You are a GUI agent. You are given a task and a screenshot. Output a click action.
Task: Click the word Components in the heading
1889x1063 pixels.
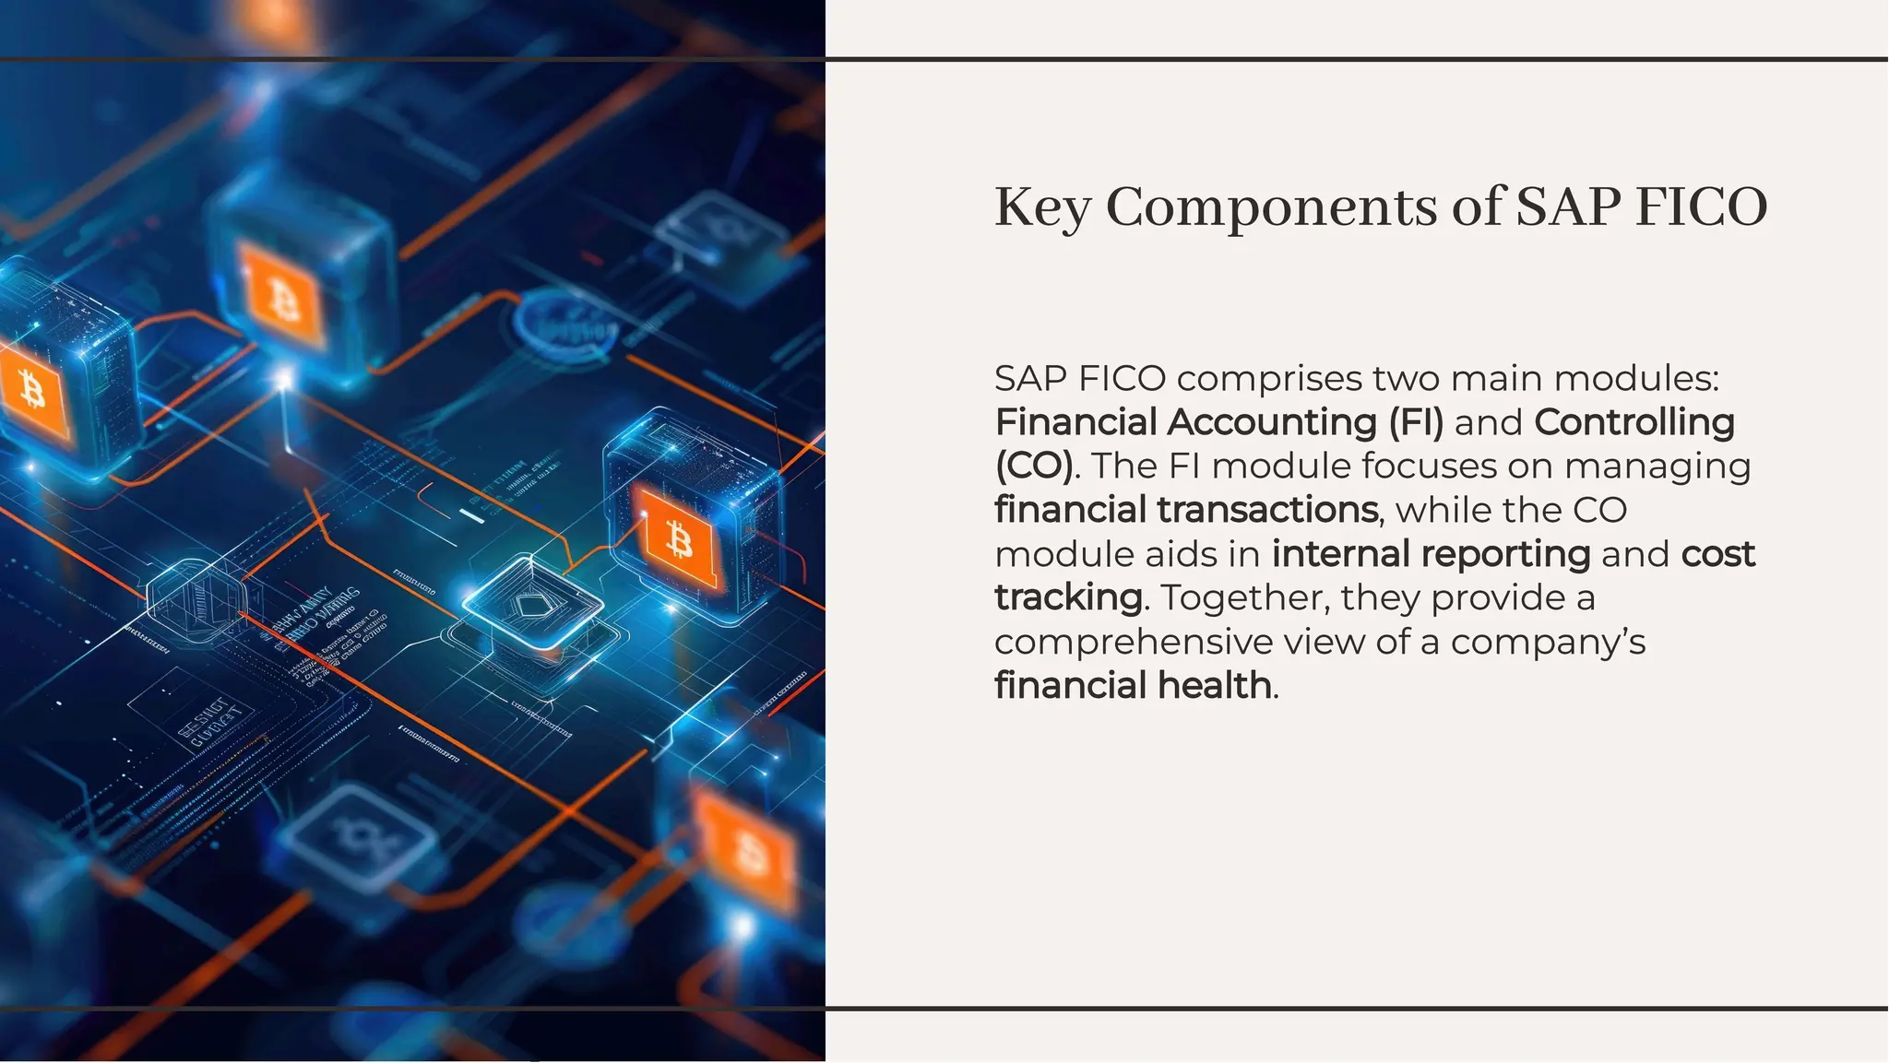tap(1270, 207)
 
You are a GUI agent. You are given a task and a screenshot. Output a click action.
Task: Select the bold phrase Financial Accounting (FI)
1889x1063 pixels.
tap(1218, 422)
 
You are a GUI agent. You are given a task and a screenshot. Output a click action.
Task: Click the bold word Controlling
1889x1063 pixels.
tap(1634, 422)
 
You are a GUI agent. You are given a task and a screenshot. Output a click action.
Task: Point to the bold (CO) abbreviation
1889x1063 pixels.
tap(1034, 466)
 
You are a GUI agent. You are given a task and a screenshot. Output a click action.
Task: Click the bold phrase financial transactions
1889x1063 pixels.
tap(1186, 510)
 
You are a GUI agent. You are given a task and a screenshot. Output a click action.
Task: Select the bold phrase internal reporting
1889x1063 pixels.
tap(1431, 554)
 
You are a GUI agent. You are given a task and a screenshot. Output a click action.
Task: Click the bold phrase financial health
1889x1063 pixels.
tap(1133, 686)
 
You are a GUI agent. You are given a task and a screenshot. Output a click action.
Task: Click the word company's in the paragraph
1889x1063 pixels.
tap(1547, 642)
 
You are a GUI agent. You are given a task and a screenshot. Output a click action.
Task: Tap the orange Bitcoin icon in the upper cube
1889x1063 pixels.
tap(283, 296)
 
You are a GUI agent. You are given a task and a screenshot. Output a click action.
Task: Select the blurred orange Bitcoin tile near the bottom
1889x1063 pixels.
tap(747, 850)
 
